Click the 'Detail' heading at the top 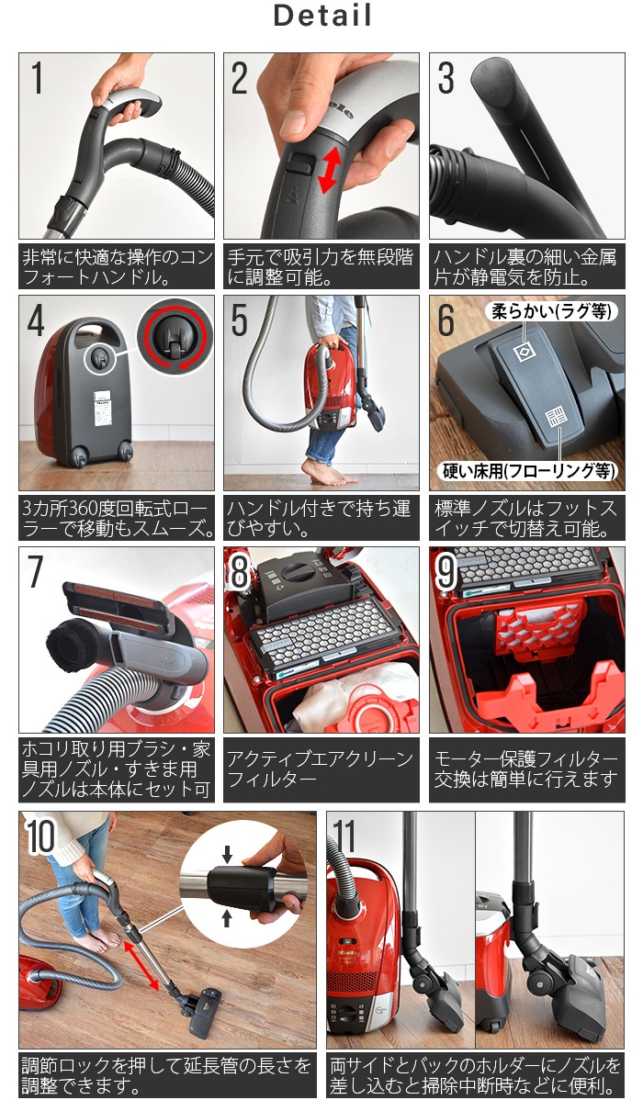322,17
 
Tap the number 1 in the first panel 37,79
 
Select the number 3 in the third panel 446,79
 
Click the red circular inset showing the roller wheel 175,337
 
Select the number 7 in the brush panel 36,572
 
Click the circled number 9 446,572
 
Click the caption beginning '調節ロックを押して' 167,1075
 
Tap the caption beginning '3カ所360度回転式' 117,519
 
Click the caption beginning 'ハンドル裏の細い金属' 526,266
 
